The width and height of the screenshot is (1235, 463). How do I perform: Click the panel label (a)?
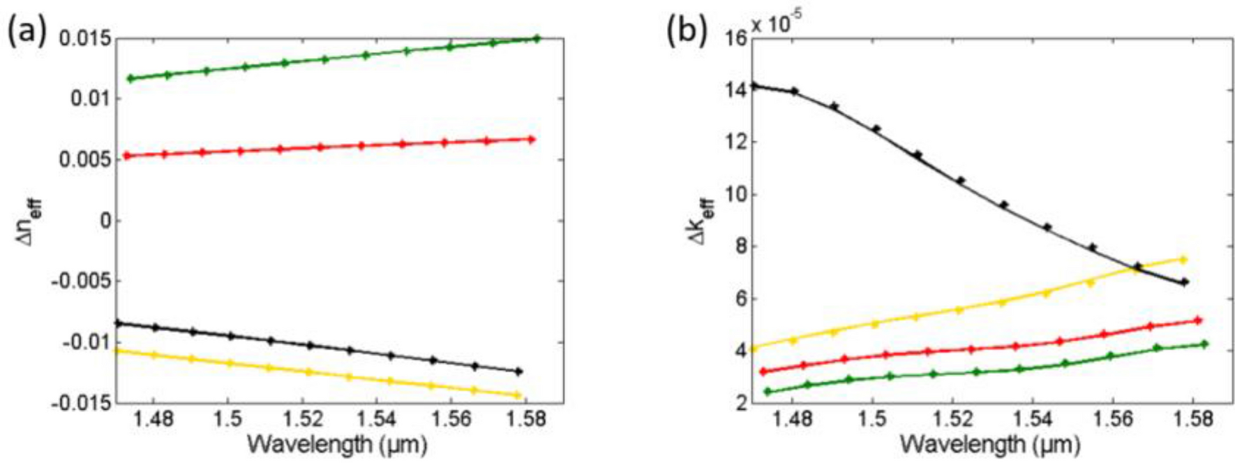(x=27, y=31)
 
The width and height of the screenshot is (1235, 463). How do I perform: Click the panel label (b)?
(x=686, y=31)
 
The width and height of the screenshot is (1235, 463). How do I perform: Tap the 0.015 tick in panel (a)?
(x=85, y=38)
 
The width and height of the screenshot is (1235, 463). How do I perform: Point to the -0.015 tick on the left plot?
(x=81, y=403)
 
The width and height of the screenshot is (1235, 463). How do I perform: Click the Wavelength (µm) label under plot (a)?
(x=337, y=443)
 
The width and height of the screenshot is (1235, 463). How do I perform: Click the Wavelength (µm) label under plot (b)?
(x=989, y=443)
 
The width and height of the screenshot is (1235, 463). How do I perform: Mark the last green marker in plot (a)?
(x=537, y=38)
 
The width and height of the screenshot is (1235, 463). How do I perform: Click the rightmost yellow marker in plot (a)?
(x=518, y=395)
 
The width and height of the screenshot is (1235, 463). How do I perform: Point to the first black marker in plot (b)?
(x=753, y=86)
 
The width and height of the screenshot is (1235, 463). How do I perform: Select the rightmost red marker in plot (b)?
(x=1198, y=321)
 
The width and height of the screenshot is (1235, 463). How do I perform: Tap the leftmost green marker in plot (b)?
(x=768, y=392)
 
